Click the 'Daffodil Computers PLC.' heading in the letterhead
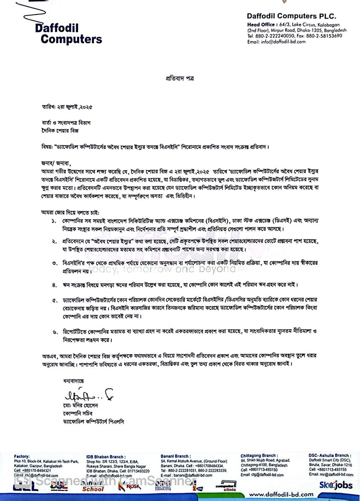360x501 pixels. pyautogui.click(x=291, y=16)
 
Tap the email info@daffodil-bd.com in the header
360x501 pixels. pyautogui.click(x=278, y=42)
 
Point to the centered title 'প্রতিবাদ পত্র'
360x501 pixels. pyautogui.click(x=179, y=78)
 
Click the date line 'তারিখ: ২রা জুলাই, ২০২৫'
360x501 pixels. pyautogui.click(x=67, y=106)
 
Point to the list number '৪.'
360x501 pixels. pyautogui.click(x=54, y=285)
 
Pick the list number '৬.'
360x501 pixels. pyautogui.click(x=54, y=332)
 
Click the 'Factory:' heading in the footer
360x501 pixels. pyautogui.click(x=22, y=456)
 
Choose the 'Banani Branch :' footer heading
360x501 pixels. pyautogui.click(x=175, y=456)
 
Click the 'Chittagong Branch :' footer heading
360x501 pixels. pyautogui.click(x=259, y=456)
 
